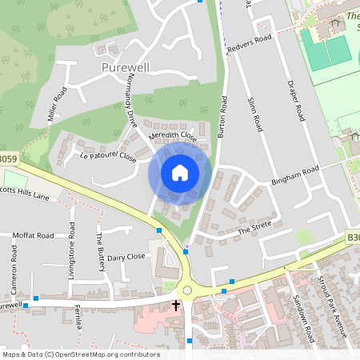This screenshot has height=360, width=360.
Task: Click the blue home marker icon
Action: tap(180, 173)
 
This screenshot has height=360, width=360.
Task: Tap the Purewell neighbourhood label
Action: tap(126, 68)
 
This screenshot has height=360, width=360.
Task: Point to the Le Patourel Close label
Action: tap(108, 156)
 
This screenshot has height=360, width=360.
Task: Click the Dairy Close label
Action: tap(126, 257)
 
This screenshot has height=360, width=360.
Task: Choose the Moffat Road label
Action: tap(33, 236)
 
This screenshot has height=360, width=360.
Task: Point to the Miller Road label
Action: tap(57, 105)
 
